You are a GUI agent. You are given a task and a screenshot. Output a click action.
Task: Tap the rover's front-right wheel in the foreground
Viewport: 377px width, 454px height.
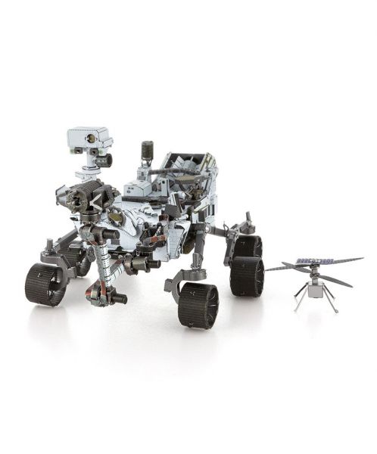pos(198,305)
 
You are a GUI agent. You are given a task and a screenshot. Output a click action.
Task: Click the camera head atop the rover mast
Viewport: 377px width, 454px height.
pos(89,138)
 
